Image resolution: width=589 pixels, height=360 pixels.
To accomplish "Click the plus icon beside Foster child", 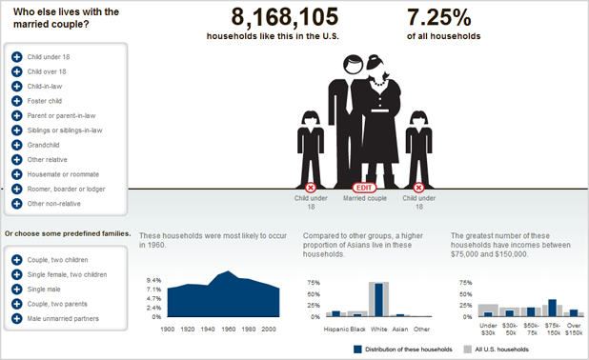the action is (x=16, y=101).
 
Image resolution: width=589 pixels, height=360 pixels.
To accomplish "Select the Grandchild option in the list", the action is (x=43, y=145).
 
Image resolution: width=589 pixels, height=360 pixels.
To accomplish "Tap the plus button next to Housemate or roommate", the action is (x=16, y=174).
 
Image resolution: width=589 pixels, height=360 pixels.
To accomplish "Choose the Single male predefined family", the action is (x=44, y=290).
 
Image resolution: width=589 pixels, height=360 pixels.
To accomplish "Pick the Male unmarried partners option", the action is (x=63, y=318).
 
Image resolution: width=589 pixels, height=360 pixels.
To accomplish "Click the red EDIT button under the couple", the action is (x=364, y=188).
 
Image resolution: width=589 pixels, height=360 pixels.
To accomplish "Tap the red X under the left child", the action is (x=311, y=188).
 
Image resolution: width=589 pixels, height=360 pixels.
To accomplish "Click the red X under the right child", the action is (x=418, y=188).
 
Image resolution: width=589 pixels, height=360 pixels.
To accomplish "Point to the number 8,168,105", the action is (x=284, y=17).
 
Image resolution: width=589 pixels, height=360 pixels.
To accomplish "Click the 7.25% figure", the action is (x=438, y=17).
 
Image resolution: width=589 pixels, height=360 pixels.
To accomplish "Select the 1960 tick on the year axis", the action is (x=228, y=330).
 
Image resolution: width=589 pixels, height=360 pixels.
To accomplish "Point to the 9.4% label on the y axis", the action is (x=153, y=280).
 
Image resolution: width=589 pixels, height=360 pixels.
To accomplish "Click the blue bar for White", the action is (x=378, y=300).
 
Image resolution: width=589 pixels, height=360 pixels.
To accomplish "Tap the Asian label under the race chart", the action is (x=399, y=330).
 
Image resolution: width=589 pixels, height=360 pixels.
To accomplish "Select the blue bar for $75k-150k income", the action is (x=552, y=308).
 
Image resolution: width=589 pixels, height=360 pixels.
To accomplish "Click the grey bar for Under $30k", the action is (x=488, y=310).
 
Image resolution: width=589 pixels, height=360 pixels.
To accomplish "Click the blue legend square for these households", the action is (x=357, y=350).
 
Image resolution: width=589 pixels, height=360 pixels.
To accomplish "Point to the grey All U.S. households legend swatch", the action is (x=467, y=350).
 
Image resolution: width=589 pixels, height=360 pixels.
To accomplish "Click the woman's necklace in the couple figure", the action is (x=378, y=83).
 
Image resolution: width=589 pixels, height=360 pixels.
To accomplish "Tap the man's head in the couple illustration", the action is (x=353, y=64).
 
